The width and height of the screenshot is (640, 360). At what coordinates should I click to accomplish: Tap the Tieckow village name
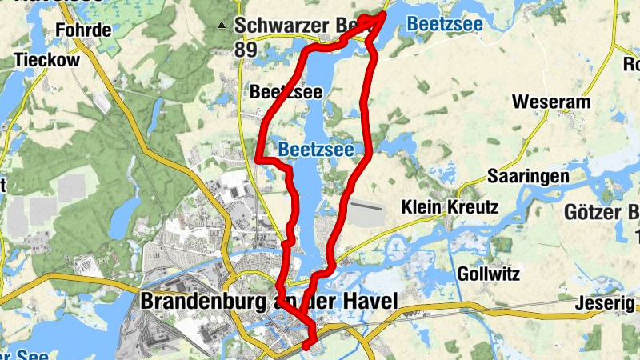tap(46, 61)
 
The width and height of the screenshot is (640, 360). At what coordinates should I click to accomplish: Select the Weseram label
tap(551, 102)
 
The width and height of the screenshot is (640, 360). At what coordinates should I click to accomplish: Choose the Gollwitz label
tap(488, 274)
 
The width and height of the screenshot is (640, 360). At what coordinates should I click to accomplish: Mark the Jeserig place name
tap(604, 303)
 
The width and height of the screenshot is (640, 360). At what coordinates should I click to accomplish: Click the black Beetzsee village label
tap(286, 92)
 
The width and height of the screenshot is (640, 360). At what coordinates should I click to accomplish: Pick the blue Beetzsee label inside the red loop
tap(315, 150)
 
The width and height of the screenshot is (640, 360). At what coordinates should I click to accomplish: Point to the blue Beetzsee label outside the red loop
tap(444, 25)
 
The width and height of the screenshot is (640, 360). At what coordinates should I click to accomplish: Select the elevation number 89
tap(246, 50)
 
